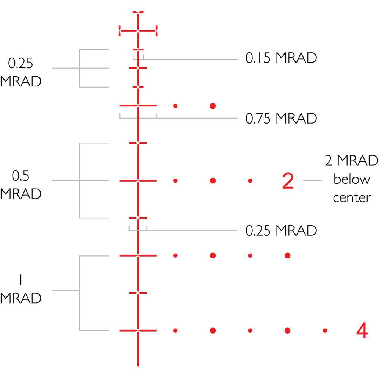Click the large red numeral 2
click(x=288, y=181)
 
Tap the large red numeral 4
click(x=362, y=331)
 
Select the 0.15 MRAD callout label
click(x=281, y=58)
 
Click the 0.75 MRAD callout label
click(x=281, y=119)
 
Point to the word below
click(x=351, y=179)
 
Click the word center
click(x=351, y=197)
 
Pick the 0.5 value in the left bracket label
click(x=20, y=176)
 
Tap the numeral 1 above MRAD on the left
click(x=20, y=280)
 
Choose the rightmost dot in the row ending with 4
click(x=325, y=330)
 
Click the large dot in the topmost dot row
click(x=213, y=105)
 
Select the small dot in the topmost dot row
click(x=175, y=105)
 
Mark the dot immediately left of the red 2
click(x=250, y=181)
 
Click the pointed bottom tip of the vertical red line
click(x=138, y=366)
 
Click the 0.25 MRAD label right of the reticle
click(x=281, y=230)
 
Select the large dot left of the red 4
click(x=288, y=330)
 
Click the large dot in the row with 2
click(x=213, y=181)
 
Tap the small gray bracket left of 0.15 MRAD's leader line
click(x=138, y=58)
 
